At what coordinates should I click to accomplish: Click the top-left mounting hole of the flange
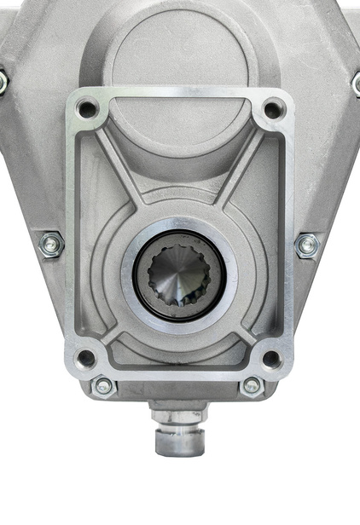tap(87, 109)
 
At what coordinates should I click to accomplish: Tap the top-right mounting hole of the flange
tap(272, 109)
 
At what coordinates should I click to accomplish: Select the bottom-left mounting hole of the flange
tap(86, 358)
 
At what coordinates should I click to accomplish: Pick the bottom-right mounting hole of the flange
tap(271, 359)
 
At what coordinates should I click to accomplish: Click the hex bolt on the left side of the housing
tap(52, 245)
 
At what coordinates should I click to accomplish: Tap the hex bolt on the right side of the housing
tap(307, 245)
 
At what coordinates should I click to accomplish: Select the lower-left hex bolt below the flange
tap(103, 386)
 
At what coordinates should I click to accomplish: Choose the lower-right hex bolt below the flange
tap(252, 386)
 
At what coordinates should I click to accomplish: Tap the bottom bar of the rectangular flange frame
tap(179, 372)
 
